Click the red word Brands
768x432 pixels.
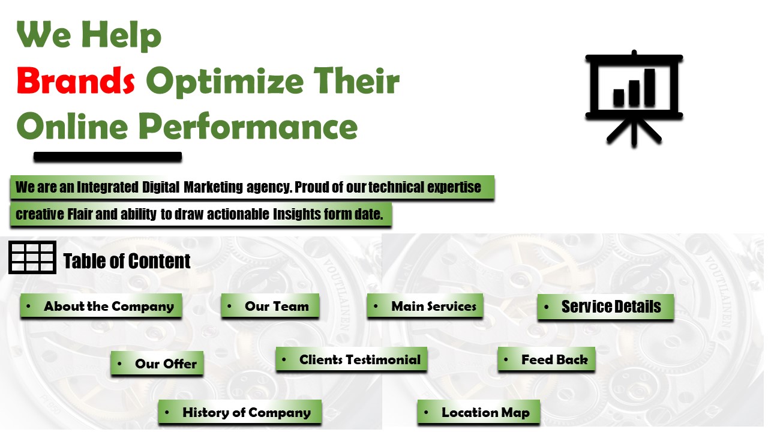point(76,80)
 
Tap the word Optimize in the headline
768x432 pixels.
point(225,82)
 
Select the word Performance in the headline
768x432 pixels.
point(248,126)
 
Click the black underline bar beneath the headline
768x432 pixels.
point(108,157)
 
